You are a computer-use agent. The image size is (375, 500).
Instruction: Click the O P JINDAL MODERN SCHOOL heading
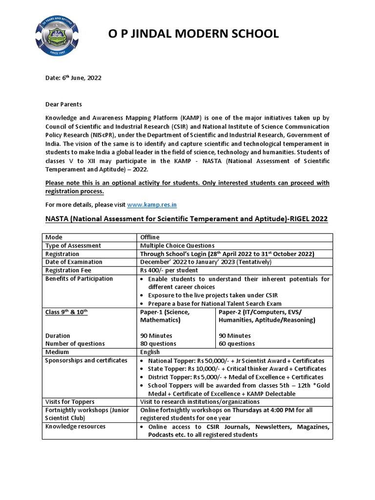pyautogui.click(x=193, y=34)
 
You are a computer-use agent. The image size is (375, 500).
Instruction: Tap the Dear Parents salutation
pyautogui.click(x=63, y=104)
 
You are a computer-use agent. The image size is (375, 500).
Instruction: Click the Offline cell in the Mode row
pyautogui.click(x=150, y=237)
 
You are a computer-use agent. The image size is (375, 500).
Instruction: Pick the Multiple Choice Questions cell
pyautogui.click(x=177, y=246)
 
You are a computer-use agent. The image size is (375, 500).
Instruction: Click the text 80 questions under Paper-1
pyautogui.click(x=158, y=344)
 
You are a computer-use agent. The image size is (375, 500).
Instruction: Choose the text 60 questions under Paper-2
pyautogui.click(x=236, y=344)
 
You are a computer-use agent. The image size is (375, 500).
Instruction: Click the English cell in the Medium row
pyautogui.click(x=150, y=352)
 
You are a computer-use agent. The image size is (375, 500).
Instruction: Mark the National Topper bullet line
pyautogui.click(x=236, y=360)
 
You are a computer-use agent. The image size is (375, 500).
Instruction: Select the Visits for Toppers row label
pyautogui.click(x=70, y=402)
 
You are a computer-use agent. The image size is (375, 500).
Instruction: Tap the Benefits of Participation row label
pyautogui.click(x=79, y=278)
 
